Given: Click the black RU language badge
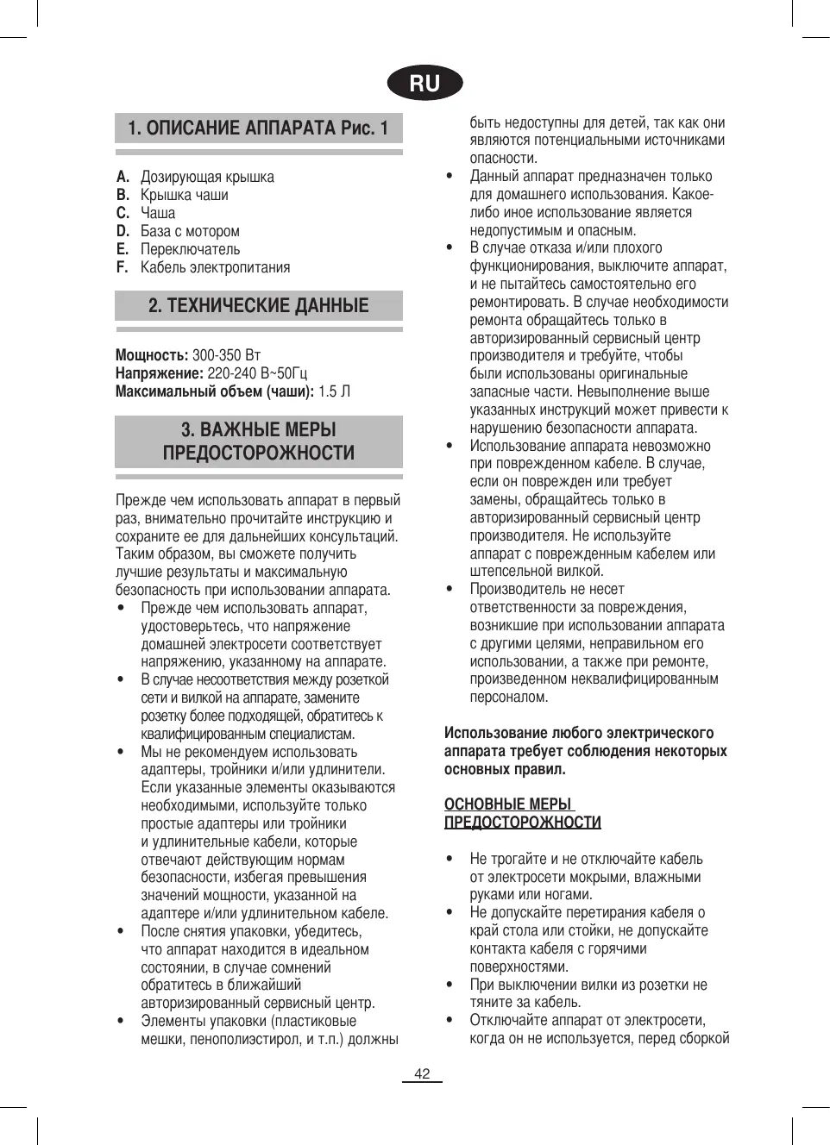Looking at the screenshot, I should point(424,84).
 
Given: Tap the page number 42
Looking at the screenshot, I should point(422,1073).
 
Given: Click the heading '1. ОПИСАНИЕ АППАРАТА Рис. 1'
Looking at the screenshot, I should point(258,128).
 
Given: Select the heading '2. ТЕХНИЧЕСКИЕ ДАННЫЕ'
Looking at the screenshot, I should point(258,306).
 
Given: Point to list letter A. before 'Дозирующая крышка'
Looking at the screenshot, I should point(123,177).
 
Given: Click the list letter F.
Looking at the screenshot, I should point(123,267).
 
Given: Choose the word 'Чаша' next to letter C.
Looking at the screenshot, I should point(158,213).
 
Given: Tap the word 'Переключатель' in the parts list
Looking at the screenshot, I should point(191,249).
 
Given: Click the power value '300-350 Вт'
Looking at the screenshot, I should point(226,355).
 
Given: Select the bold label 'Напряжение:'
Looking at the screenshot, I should point(160,373).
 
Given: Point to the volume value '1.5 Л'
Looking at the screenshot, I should point(335,391).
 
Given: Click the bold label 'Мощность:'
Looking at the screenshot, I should point(152,355).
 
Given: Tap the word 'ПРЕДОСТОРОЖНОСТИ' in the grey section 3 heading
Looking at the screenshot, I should point(258,454).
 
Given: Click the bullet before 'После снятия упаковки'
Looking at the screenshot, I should point(121,931).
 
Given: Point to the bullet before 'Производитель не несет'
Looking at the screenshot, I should point(450,590).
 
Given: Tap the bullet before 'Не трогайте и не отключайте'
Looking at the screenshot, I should point(450,859).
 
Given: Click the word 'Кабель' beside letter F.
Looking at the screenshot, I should point(164,267).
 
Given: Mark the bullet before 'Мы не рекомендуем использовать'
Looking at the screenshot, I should point(121,752).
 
